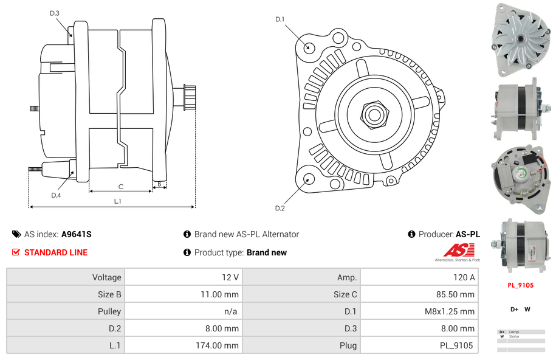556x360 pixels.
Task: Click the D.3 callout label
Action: (54, 13)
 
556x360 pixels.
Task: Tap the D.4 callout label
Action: (55, 195)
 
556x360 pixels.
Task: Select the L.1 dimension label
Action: (117, 201)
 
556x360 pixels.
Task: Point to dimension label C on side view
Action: (121, 186)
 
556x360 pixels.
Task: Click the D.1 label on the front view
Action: (280, 19)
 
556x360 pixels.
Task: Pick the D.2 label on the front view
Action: (280, 208)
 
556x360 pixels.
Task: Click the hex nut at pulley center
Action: (374, 113)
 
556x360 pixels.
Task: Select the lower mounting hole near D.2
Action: (309, 179)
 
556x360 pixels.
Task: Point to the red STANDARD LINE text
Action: (56, 252)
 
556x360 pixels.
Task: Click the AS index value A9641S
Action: (76, 234)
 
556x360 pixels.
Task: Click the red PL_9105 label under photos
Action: (520, 285)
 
